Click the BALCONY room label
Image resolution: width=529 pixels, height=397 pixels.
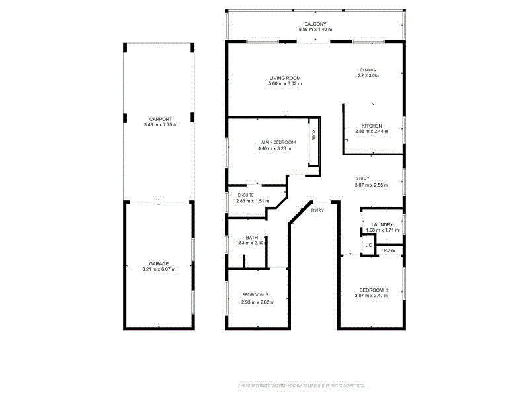tap(315, 24)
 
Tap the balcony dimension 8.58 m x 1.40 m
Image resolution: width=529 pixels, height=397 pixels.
tap(315, 30)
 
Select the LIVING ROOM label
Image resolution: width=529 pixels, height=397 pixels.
tap(285, 78)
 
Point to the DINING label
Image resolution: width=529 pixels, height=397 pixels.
tap(368, 69)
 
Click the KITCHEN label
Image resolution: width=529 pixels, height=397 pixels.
tap(371, 126)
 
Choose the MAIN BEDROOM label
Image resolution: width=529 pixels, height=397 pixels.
tap(277, 142)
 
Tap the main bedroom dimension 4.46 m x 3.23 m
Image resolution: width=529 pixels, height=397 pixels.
tap(277, 148)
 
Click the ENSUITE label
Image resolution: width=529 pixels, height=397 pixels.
tap(246, 195)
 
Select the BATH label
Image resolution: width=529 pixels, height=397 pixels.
tap(251, 237)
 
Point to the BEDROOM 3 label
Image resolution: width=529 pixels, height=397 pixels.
tap(255, 294)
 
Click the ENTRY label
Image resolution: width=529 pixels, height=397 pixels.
tap(317, 210)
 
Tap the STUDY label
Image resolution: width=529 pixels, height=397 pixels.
tap(362, 179)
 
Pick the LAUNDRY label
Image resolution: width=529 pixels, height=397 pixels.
tap(383, 224)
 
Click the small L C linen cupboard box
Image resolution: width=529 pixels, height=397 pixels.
tap(369, 245)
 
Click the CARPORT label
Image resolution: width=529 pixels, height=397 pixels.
tap(160, 119)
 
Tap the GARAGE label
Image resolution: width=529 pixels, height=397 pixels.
tap(159, 263)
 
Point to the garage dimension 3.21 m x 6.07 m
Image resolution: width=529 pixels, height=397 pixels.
tap(159, 269)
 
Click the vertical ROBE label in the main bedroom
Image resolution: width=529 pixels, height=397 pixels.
tap(313, 135)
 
